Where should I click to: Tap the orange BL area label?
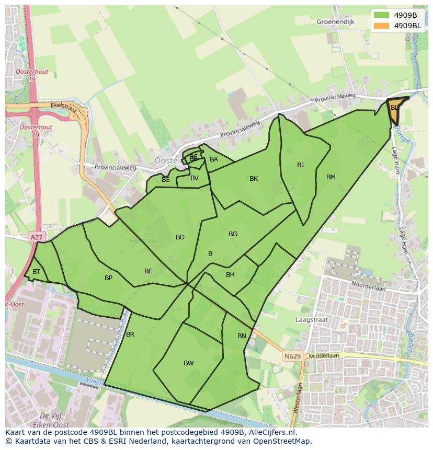[394, 108]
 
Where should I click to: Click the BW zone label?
[189, 363]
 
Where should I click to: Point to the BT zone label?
[36, 272]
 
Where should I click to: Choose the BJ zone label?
[300, 165]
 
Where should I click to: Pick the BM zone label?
[331, 177]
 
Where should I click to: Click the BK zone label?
[254, 179]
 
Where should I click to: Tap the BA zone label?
[213, 159]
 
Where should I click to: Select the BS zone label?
[166, 180]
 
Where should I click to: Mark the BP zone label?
[108, 278]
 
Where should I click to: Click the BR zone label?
[130, 334]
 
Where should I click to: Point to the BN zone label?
[242, 336]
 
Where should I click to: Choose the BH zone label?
[230, 275]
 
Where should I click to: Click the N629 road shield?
[293, 356]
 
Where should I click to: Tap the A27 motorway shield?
[36, 237]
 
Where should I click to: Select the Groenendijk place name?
[335, 22]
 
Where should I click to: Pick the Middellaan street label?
[324, 355]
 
